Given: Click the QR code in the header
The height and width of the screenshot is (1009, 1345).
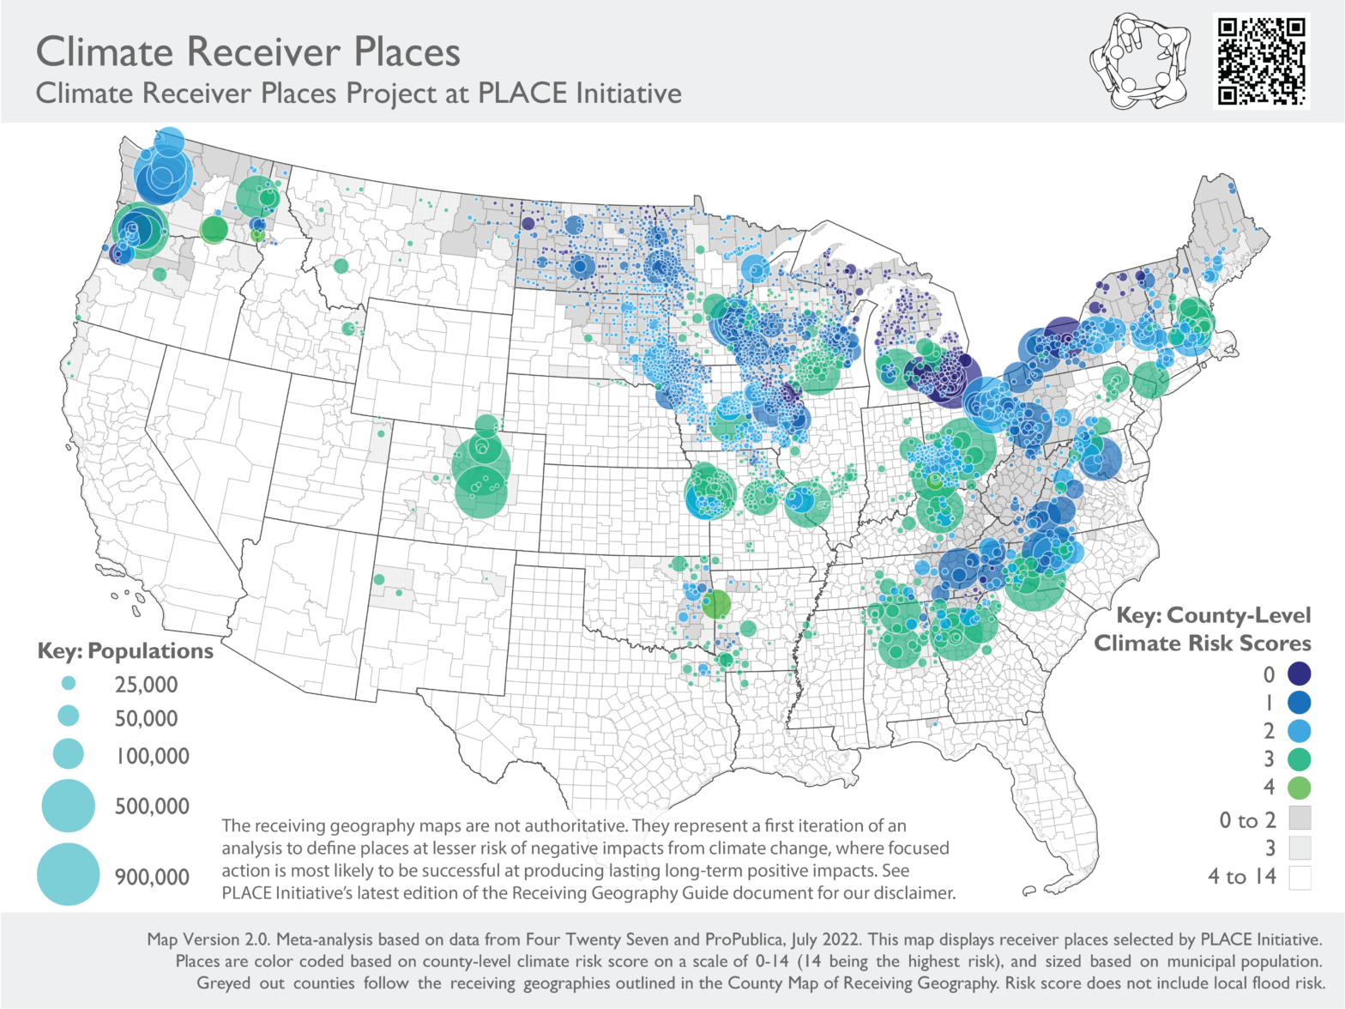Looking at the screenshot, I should click(1261, 61).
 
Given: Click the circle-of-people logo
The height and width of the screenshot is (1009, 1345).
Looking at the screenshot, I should click(1140, 61).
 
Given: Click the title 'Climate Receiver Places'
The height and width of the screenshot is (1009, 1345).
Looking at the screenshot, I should click(248, 51).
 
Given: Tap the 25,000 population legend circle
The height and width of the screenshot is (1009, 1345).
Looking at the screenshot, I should click(69, 684).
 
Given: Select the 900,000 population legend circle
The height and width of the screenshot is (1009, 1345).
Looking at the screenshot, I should click(69, 874).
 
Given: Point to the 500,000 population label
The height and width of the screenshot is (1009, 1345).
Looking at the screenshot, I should click(152, 807).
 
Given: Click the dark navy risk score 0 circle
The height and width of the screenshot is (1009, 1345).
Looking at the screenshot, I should click(1299, 674).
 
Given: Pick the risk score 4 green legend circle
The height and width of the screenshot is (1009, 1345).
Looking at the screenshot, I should click(1299, 788).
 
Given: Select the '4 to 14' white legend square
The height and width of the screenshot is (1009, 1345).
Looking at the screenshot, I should click(1300, 878).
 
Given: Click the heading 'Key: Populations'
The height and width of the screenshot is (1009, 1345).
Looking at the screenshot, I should click(125, 651).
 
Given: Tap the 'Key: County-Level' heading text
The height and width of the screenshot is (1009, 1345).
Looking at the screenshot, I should click(1213, 615).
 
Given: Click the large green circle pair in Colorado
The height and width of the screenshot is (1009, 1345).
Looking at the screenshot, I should click(480, 476).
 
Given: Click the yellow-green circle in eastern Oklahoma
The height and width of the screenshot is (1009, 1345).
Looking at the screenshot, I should click(716, 605).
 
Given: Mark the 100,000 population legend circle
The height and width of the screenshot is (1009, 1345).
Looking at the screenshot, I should click(69, 754).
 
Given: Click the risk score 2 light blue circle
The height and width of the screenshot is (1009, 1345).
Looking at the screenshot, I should click(1299, 731).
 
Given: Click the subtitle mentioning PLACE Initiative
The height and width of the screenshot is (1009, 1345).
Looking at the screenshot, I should click(359, 93).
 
